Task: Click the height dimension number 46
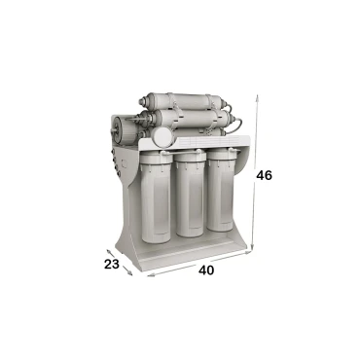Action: coord(264,175)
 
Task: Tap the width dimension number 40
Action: coord(206,270)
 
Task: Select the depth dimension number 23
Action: coord(112,264)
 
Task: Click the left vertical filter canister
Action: coord(156,198)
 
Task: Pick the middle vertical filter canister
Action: coord(191,194)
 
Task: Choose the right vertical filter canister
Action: coord(221,191)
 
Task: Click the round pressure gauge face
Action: coord(162,136)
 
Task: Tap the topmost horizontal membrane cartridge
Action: coord(184,101)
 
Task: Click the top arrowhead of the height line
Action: coord(257,97)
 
